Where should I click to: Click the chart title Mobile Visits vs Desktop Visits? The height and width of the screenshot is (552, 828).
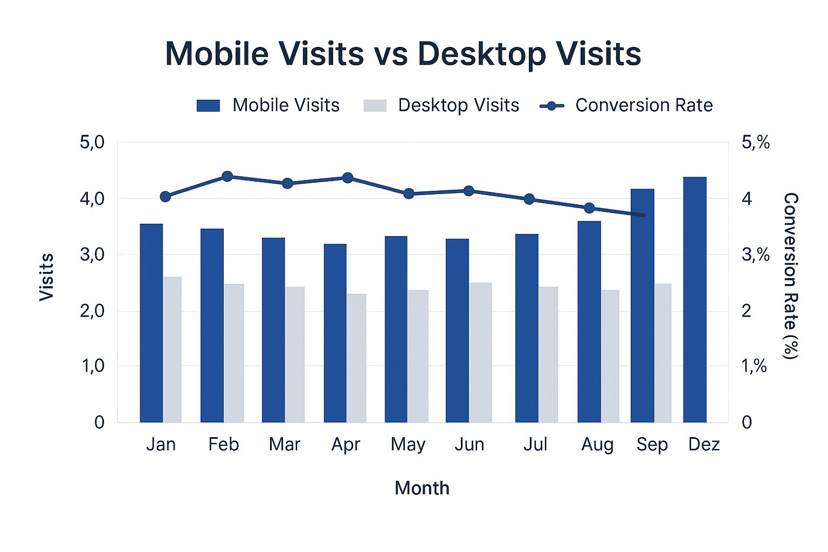pos(403,54)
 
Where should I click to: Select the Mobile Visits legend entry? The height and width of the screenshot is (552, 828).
pos(268,105)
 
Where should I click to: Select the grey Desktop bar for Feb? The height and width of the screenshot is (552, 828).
pos(234,353)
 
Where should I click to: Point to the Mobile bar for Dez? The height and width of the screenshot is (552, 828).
pos(694,299)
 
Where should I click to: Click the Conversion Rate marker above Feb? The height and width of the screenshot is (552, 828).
pos(227,176)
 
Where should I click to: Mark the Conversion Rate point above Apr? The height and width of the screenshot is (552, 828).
pos(348,178)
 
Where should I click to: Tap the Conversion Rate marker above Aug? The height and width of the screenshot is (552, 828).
pos(589,208)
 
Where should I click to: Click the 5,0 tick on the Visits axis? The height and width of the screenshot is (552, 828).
pos(92,143)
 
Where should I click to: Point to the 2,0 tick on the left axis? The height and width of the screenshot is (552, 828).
pos(92,311)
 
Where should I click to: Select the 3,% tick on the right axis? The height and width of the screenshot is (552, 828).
pos(755,254)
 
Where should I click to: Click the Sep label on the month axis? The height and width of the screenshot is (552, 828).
pos(652,445)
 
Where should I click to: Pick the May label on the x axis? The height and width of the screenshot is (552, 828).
pos(408,445)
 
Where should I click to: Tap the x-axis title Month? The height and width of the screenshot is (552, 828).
pos(422,488)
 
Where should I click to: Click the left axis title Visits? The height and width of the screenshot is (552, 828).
pos(47,277)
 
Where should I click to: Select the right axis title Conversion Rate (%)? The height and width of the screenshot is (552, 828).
pos(790,275)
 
